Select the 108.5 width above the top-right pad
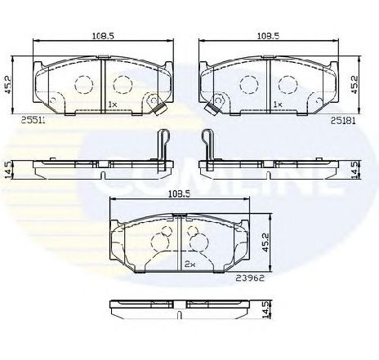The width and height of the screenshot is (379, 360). point(269,36)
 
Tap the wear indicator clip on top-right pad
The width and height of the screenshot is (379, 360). point(216,104)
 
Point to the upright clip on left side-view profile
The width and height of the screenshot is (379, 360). point(163,147)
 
